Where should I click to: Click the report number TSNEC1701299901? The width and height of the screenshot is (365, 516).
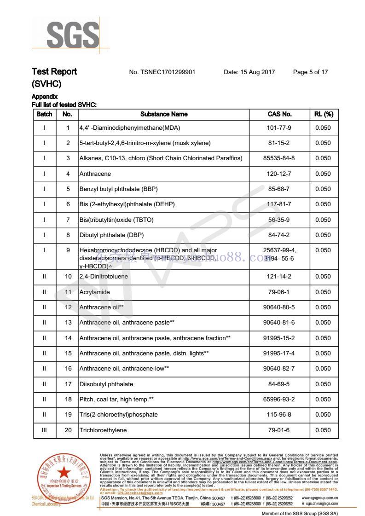(162, 72)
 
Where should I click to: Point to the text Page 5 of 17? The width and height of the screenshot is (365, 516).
(310, 72)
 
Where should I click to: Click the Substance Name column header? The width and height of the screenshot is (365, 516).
(164, 114)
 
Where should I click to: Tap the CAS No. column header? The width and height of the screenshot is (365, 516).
(279, 114)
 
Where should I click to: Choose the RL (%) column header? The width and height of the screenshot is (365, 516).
(323, 114)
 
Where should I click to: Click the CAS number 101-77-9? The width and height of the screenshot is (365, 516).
(279, 128)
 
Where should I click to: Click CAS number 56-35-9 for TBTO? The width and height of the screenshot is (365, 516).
(279, 220)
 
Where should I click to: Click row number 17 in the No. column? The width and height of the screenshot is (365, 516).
(68, 384)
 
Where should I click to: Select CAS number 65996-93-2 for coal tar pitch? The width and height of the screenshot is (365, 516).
(279, 400)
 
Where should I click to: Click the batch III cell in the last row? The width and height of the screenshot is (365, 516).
(44, 430)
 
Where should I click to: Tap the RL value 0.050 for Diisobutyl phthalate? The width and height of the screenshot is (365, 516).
(323, 384)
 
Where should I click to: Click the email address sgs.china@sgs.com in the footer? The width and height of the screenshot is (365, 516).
(321, 504)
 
